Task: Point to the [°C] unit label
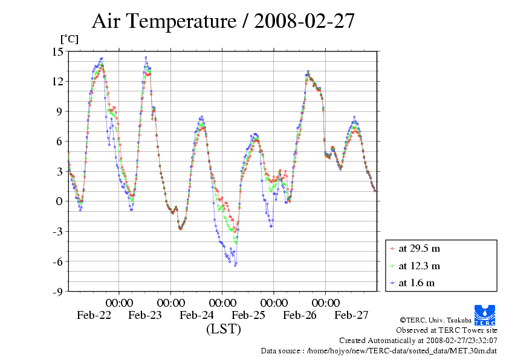(69, 39)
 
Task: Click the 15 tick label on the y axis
(57, 51)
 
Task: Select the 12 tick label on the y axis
(57, 81)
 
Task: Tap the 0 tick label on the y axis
(60, 201)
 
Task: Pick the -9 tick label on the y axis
(57, 292)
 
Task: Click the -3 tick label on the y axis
(57, 232)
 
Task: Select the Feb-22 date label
(94, 315)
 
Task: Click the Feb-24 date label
(196, 315)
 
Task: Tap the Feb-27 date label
(351, 315)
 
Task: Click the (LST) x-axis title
(223, 330)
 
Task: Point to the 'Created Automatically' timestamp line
(418, 341)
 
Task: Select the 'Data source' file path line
(379, 350)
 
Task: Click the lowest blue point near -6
(235, 265)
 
